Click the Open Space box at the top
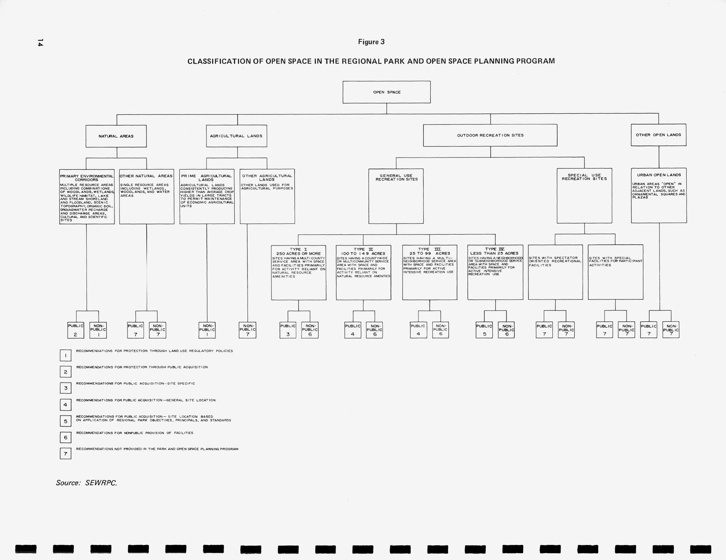(386, 92)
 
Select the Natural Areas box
(116, 136)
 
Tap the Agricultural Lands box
(236, 136)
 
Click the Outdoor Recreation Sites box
(490, 135)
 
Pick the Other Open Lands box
(658, 135)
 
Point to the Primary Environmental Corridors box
(87, 196)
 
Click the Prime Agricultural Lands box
(207, 196)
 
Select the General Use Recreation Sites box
(396, 196)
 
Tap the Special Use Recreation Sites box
(584, 196)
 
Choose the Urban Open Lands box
(659, 195)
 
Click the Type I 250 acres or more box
(299, 272)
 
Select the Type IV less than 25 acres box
(495, 272)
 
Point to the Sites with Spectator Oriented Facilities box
(555, 272)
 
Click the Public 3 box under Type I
(288, 330)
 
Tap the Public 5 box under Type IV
(484, 330)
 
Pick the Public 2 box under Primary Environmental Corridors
(75, 330)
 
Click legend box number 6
(65, 437)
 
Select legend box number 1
(65, 355)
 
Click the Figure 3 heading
(371, 42)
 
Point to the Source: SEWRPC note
(86, 482)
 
